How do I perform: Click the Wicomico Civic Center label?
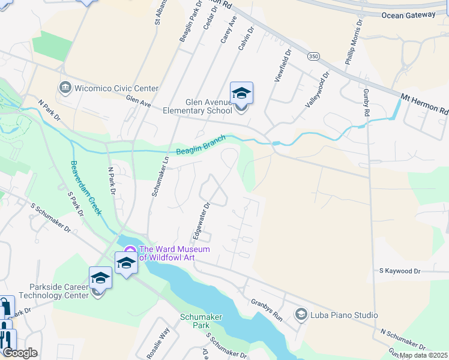point(116,88)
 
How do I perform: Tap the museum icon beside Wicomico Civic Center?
point(65,88)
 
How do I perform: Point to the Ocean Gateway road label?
point(414,14)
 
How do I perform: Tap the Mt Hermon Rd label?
point(425,103)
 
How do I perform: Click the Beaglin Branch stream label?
point(200,146)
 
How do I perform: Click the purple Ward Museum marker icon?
point(130,250)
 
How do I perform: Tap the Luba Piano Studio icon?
point(301,314)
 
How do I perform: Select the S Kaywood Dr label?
point(400,271)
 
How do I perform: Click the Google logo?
point(20,353)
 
